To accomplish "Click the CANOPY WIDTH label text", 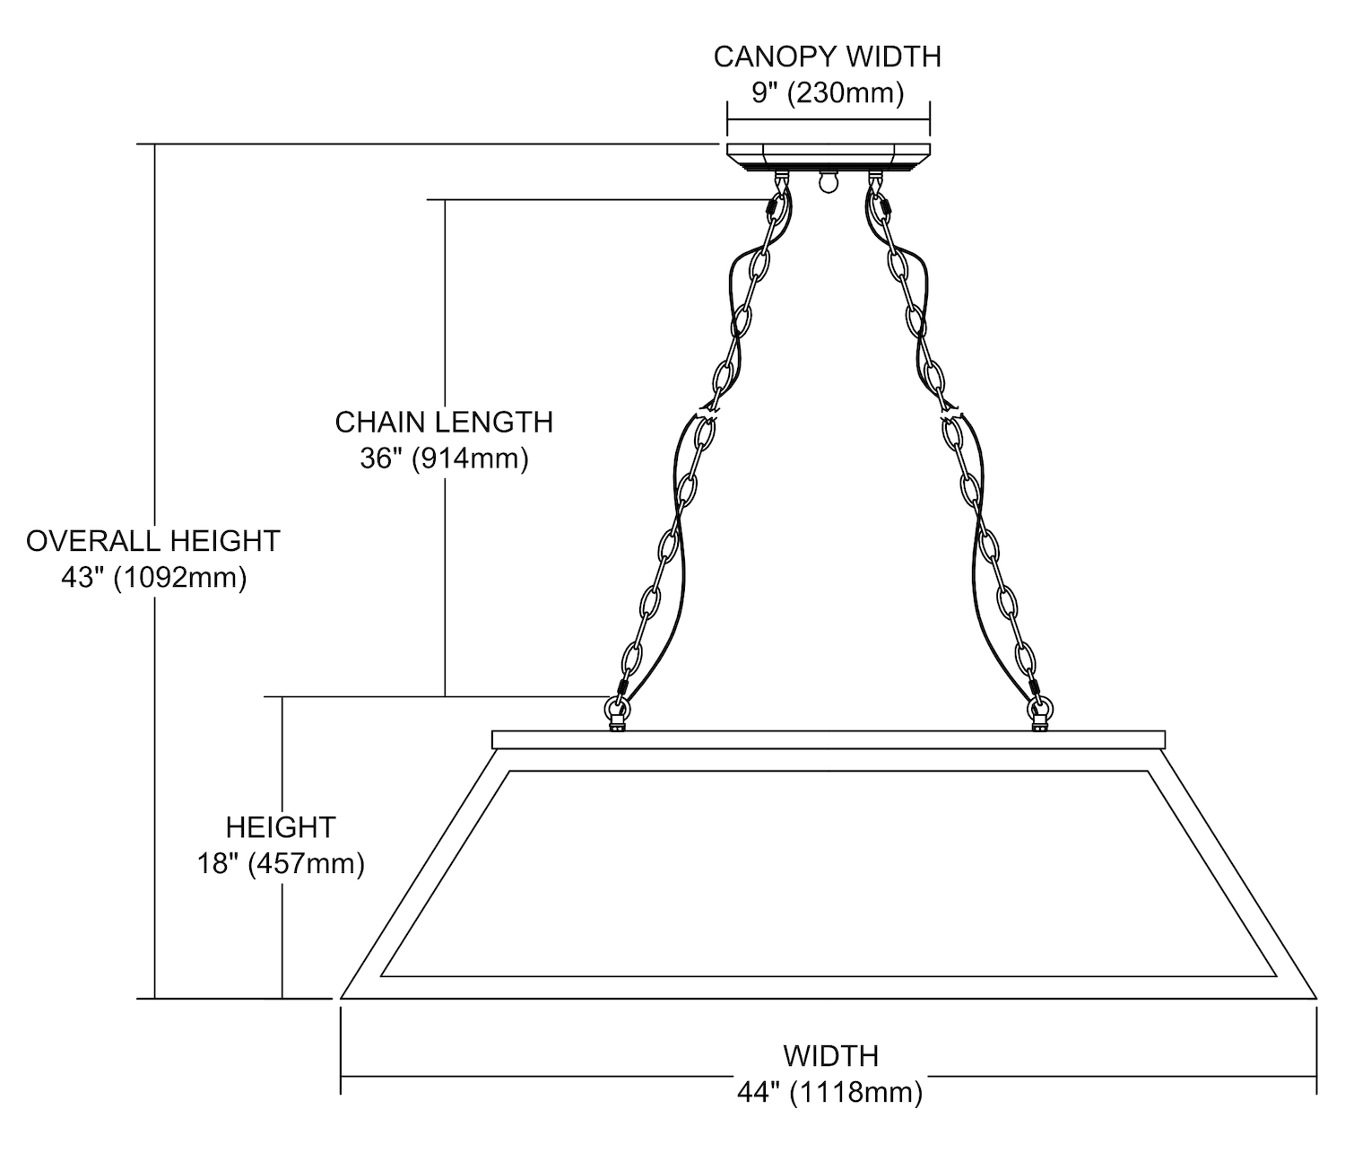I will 827,57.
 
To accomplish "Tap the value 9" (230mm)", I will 827,92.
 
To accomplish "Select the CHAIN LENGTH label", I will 444,422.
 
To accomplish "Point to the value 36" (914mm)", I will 444,459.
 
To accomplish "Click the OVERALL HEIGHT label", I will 153,541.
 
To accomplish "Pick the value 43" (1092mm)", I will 153,578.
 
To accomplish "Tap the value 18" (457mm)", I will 281,864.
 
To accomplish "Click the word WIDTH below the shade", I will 830,1054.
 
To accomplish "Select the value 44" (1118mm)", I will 830,1091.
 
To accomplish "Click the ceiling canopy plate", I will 828,156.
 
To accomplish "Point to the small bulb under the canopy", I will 826,182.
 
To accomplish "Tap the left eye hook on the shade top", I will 616,715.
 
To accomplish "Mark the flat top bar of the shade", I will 829,739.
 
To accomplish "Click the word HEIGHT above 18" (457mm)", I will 281,826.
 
